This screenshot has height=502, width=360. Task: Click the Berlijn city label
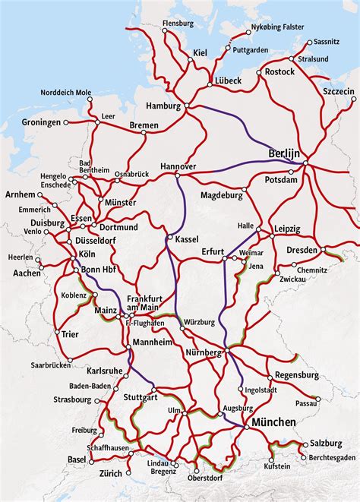(285, 153)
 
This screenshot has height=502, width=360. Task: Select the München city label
(274, 422)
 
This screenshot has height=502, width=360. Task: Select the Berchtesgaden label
(332, 458)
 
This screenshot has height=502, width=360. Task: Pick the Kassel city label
(186, 239)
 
